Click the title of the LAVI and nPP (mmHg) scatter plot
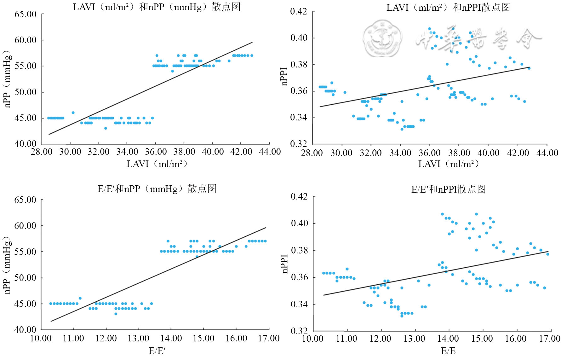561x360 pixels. [157, 7]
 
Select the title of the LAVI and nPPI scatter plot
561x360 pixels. [448, 8]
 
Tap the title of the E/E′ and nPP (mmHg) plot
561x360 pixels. [157, 189]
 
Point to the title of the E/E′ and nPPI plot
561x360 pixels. [448, 189]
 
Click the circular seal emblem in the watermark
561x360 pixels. [382, 38]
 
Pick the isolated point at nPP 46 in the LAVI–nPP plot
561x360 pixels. [73, 113]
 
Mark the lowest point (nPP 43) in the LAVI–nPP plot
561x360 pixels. [106, 128]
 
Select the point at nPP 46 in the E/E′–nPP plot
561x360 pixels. [80, 298]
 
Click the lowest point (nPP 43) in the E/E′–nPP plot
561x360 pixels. [116, 314]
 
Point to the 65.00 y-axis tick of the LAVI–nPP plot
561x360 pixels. [26, 14]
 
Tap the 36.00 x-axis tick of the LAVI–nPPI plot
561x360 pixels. [429, 153]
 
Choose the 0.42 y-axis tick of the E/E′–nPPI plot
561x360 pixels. [299, 197]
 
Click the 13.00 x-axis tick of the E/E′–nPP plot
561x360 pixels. [138, 339]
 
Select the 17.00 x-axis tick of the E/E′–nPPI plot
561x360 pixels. [550, 339]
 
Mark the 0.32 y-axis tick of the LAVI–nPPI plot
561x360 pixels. [298, 144]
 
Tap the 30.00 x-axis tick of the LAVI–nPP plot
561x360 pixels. [70, 152]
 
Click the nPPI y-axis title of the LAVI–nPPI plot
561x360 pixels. [284, 77]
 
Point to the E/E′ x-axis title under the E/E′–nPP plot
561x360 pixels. [157, 351]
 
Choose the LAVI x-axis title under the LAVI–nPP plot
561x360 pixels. [157, 164]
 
